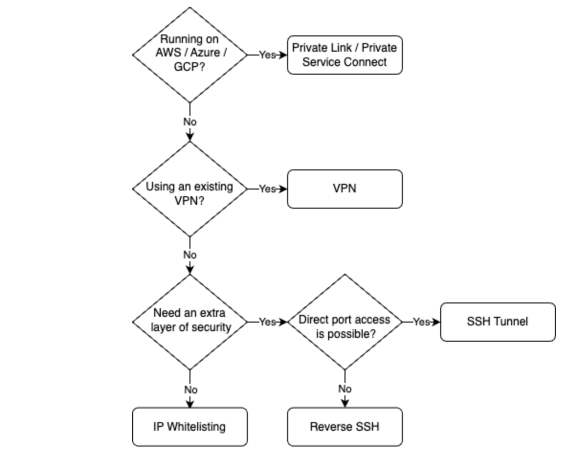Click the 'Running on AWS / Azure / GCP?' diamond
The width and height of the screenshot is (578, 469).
190,55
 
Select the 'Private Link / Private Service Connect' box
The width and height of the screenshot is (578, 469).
345,55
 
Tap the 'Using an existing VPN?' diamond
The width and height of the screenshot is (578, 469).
190,189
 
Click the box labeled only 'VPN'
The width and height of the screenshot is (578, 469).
345,189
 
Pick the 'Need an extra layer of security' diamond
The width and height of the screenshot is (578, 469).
190,322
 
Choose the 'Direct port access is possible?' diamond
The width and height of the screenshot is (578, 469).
345,322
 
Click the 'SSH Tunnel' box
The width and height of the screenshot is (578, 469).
498,322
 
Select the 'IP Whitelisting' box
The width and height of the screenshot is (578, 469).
190,427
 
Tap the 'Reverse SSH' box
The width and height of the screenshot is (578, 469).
345,427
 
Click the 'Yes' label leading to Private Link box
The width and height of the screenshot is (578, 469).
267,55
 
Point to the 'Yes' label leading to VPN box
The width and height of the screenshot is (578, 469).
267,189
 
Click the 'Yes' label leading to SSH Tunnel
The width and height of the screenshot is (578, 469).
421,322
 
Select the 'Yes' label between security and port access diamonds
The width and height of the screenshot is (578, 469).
267,322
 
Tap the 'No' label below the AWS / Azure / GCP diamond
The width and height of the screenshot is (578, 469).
190,122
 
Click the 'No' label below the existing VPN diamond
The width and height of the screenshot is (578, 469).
190,255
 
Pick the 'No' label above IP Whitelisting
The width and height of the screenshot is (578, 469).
190,389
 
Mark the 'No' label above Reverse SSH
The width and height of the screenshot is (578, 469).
345,389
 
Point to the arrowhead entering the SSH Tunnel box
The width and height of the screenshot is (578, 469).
436,322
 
